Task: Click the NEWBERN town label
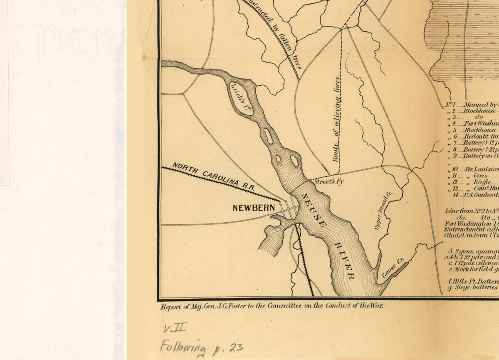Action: (253, 207)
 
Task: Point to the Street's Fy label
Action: (329, 181)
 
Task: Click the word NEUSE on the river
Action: (314, 210)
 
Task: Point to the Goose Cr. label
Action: (393, 268)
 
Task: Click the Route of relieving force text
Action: (336, 119)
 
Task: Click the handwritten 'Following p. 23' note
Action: (201, 347)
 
